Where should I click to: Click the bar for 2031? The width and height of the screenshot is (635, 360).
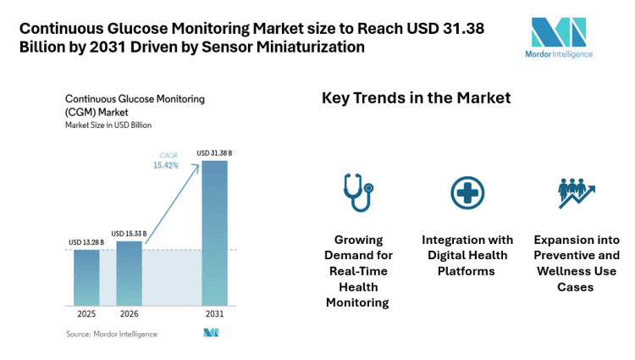[214, 232]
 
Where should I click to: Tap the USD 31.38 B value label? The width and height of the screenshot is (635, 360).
[214, 153]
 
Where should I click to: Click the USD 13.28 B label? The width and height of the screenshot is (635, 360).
[86, 243]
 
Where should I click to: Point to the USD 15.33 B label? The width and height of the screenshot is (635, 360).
[130, 233]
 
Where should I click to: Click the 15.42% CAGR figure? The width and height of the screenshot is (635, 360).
[167, 166]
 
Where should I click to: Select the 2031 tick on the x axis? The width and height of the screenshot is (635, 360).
[214, 315]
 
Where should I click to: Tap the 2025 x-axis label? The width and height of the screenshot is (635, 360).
[86, 315]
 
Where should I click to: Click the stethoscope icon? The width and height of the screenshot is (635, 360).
[356, 192]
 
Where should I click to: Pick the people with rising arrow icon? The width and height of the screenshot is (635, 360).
[575, 193]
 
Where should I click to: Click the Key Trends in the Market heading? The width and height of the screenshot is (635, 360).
[416, 98]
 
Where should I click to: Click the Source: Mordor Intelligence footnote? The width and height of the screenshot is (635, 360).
[111, 334]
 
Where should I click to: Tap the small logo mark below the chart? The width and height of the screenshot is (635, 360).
[212, 333]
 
